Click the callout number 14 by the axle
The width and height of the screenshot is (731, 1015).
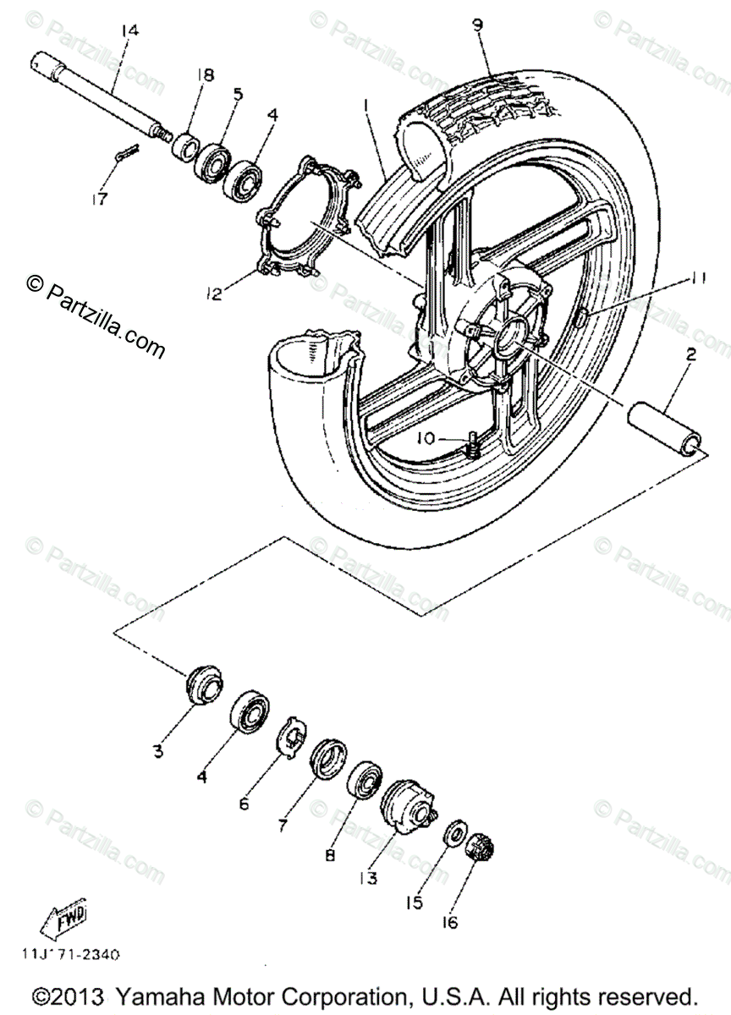click(x=129, y=31)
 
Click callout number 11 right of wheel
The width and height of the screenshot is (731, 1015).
click(x=695, y=277)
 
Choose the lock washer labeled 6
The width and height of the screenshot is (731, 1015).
click(x=291, y=734)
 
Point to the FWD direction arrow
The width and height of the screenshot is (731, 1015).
click(x=64, y=918)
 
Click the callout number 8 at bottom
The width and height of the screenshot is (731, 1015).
click(x=331, y=855)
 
